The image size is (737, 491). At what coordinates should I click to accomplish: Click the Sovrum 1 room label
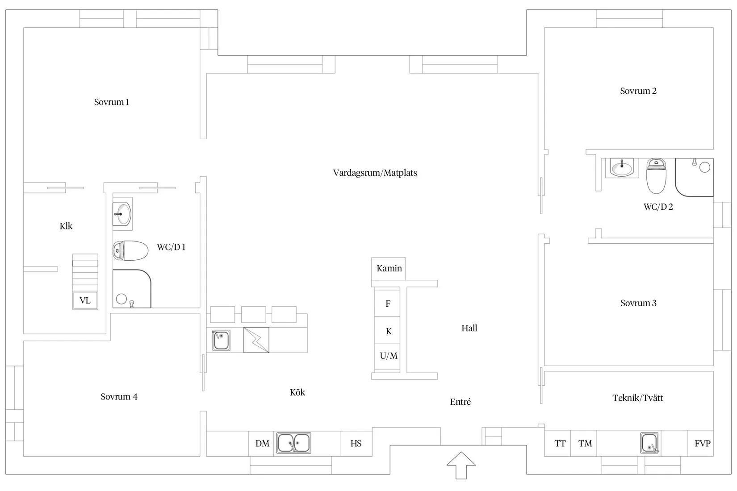(x=112, y=102)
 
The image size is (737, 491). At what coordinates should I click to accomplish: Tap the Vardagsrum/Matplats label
(x=375, y=173)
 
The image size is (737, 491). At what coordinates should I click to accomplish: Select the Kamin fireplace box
(x=389, y=269)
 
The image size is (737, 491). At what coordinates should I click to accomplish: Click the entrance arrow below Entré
(x=461, y=465)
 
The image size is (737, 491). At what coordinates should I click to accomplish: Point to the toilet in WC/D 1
(x=130, y=250)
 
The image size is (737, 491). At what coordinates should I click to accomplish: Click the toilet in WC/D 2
(x=656, y=176)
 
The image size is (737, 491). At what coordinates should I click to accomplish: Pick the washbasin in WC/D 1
(x=122, y=214)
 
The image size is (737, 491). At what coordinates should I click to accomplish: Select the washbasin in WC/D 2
(x=622, y=168)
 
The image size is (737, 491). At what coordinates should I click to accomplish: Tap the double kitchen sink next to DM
(x=294, y=443)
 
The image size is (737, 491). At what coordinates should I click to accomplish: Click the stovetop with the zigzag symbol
(x=256, y=340)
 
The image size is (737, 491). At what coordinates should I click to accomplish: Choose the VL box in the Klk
(x=85, y=300)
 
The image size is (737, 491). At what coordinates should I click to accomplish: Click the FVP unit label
(x=703, y=444)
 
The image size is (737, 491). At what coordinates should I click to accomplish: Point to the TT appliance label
(x=560, y=444)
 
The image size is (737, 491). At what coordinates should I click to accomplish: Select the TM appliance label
(x=585, y=444)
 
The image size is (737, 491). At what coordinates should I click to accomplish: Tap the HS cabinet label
(x=356, y=444)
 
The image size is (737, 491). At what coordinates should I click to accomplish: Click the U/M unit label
(x=389, y=355)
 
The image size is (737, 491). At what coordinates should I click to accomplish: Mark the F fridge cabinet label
(x=388, y=304)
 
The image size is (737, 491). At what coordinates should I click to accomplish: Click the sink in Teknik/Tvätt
(x=649, y=443)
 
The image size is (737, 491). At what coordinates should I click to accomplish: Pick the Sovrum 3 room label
(x=638, y=303)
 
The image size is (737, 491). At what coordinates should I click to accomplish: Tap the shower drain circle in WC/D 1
(x=121, y=299)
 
